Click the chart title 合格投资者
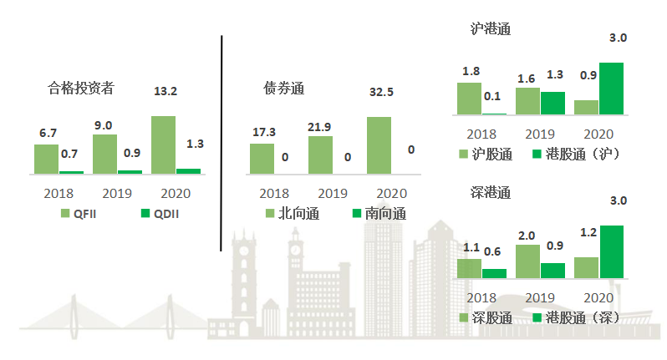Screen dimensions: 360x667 (81, 87)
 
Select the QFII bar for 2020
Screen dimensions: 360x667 (163, 145)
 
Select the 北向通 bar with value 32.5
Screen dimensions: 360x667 (379, 145)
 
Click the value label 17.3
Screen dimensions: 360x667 (263, 132)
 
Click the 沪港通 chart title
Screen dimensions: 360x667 (491, 29)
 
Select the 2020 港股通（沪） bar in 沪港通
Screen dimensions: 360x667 (611, 89)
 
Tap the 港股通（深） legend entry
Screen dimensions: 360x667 (574, 318)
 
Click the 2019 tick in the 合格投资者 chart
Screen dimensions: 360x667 (104, 193)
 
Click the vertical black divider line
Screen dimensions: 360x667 (222, 142)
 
